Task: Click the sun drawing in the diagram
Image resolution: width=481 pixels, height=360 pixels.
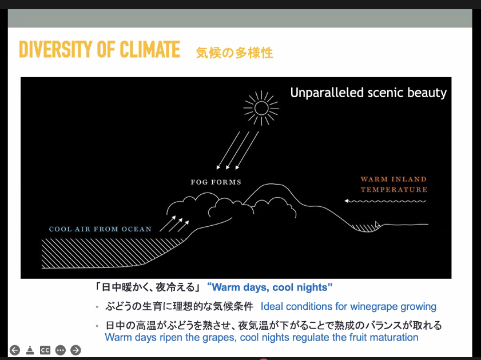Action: click(261, 108)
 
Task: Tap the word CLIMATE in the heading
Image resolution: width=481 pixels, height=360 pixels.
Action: click(150, 50)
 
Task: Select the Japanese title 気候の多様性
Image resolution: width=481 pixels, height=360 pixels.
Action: click(234, 53)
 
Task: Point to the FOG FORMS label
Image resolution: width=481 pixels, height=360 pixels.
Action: click(216, 182)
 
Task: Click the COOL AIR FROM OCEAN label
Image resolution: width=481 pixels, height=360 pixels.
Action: click(100, 229)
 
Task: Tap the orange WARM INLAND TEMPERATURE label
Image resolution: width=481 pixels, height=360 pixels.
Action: click(394, 185)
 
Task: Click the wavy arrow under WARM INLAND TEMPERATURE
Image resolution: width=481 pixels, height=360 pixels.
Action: click(385, 201)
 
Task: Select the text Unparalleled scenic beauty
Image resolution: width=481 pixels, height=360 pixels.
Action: click(368, 93)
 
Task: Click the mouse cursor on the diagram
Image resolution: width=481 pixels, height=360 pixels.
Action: click(377, 225)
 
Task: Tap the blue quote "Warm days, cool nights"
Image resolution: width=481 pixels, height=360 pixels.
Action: click(269, 287)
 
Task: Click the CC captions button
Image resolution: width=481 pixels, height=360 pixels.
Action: click(45, 350)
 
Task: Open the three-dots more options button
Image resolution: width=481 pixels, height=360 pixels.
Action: click(61, 350)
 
